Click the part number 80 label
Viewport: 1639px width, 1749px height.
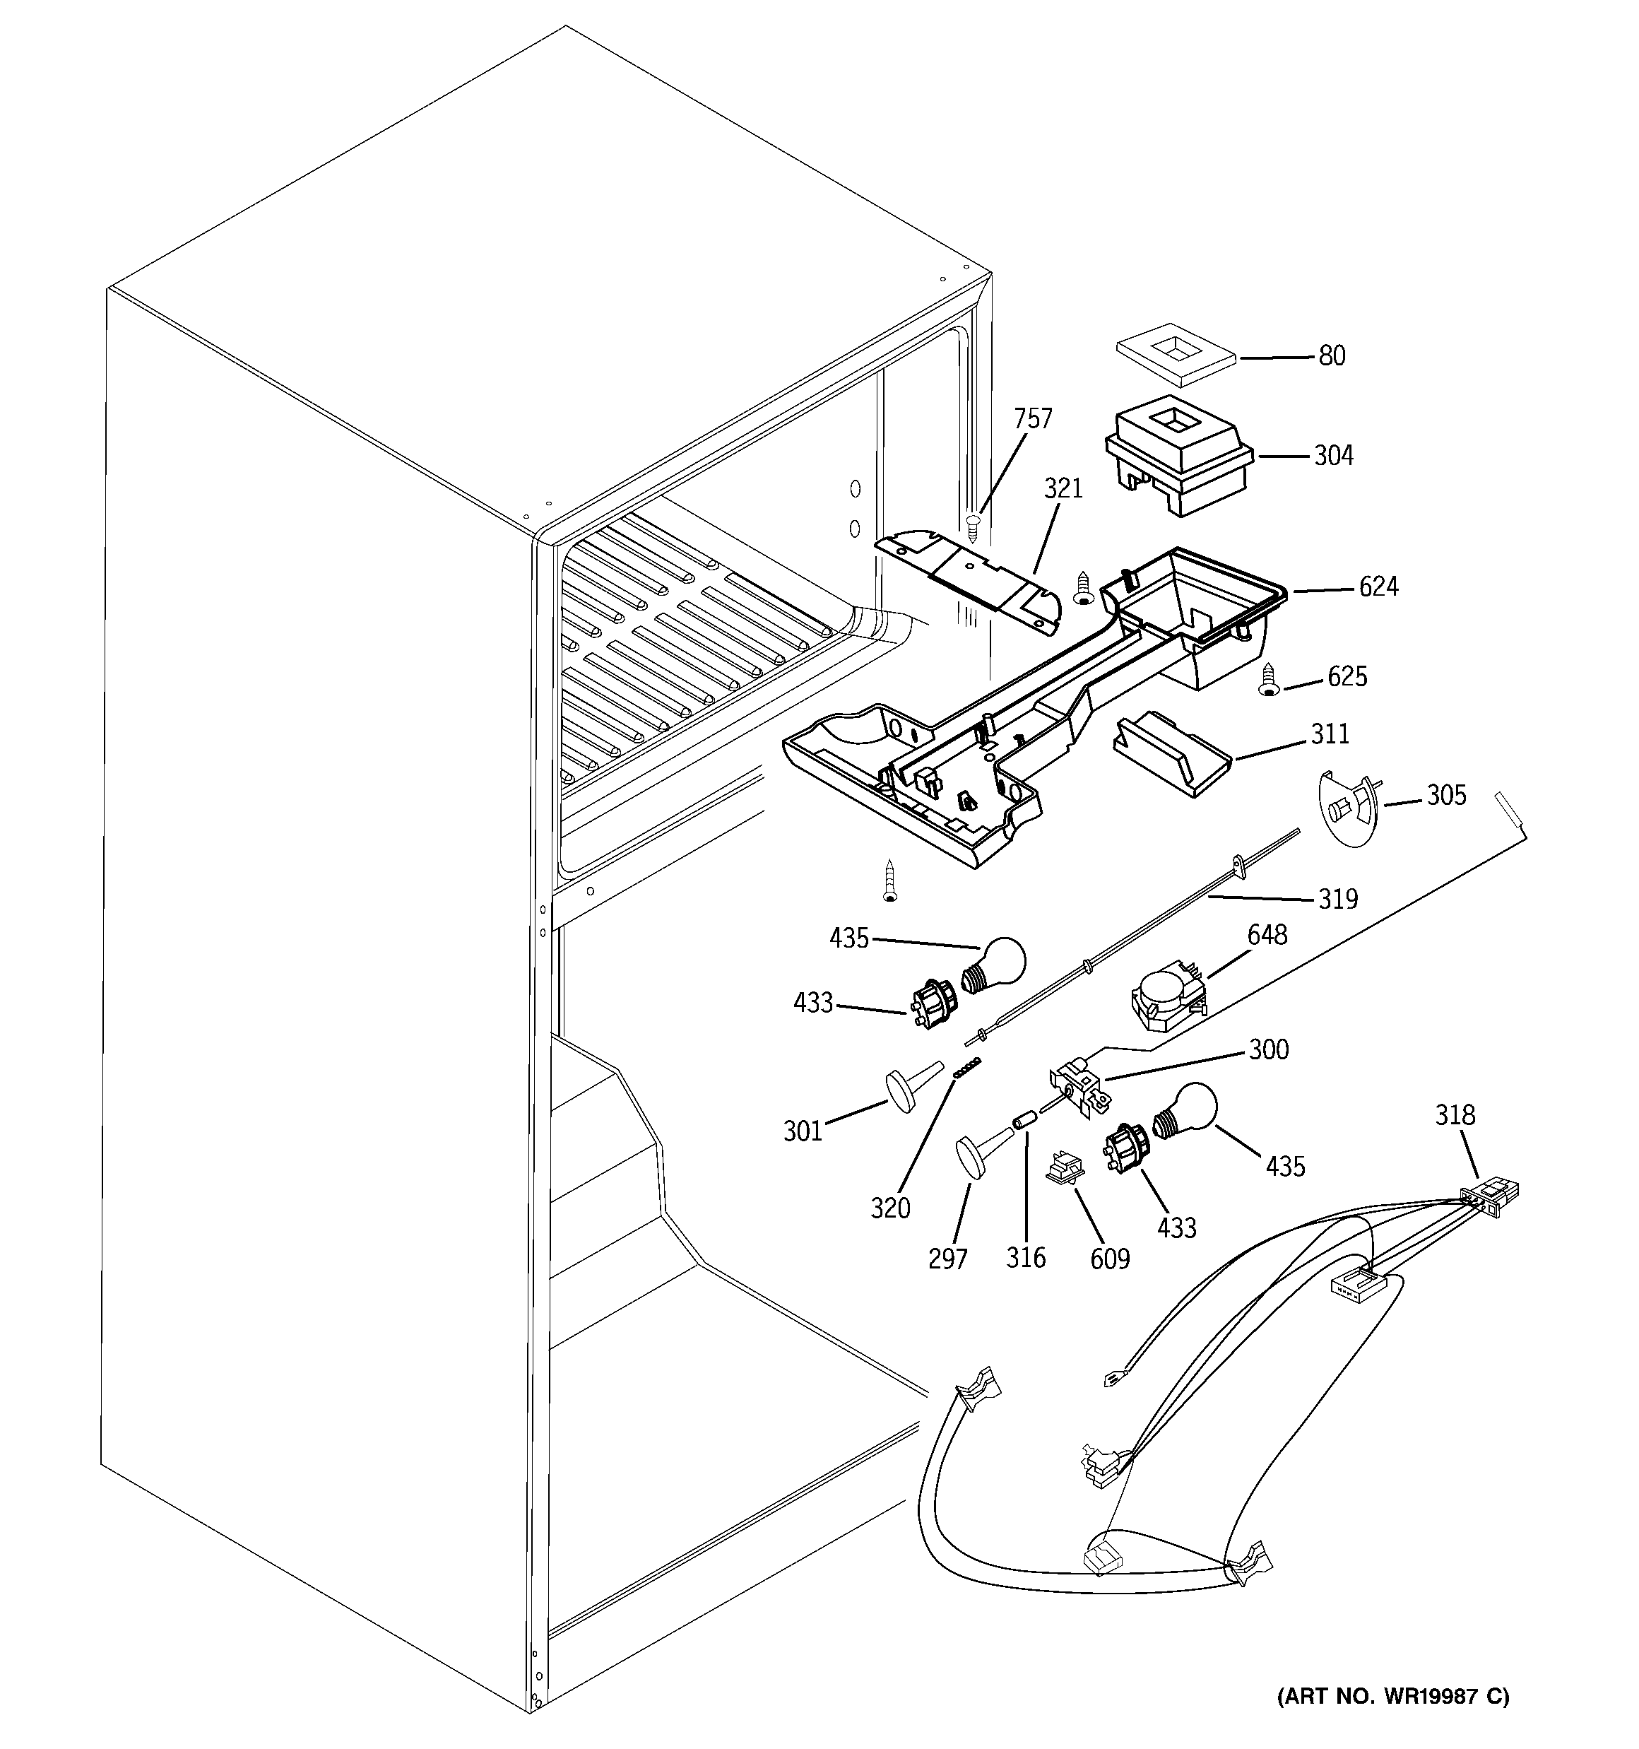1332,356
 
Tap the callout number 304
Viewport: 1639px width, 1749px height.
1333,456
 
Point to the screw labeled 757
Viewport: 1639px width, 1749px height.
973,528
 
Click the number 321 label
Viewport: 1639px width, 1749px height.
1063,488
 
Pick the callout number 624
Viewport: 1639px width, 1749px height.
1378,587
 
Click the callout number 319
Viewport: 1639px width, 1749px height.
1337,899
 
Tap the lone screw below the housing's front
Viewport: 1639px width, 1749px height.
889,880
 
